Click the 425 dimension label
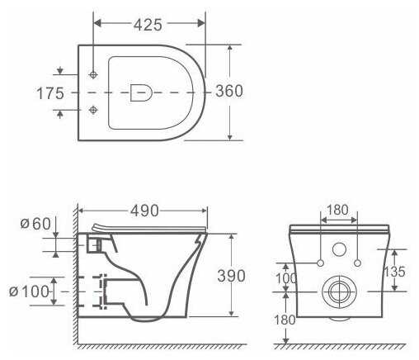[x=148, y=25]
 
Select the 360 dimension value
[x=229, y=91]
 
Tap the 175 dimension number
[x=50, y=93]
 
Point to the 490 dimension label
[x=144, y=211]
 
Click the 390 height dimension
[x=231, y=276]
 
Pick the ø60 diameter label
[x=35, y=224]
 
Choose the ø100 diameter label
[x=29, y=291]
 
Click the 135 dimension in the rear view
[x=394, y=272]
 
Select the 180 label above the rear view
[x=337, y=210]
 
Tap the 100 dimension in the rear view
[x=286, y=278]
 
